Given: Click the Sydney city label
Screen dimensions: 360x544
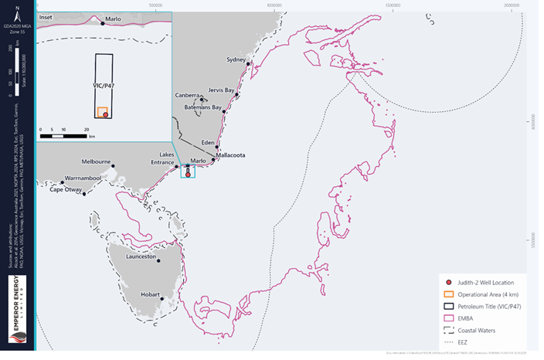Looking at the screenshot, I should pos(236,59).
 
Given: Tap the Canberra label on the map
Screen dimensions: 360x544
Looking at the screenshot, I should pos(188,95).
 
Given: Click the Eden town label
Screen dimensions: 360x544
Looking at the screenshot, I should pos(208,142).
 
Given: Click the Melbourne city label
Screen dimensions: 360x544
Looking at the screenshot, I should pos(97,162).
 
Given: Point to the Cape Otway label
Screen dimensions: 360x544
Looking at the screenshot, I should pos(66,189).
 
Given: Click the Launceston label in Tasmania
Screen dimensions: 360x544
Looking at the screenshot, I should pos(141,256).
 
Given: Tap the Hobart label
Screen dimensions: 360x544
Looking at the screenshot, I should pos(150,294).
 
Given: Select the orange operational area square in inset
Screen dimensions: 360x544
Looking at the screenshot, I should pos(101,112).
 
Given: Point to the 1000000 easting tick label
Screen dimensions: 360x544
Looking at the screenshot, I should pos(273,5).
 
